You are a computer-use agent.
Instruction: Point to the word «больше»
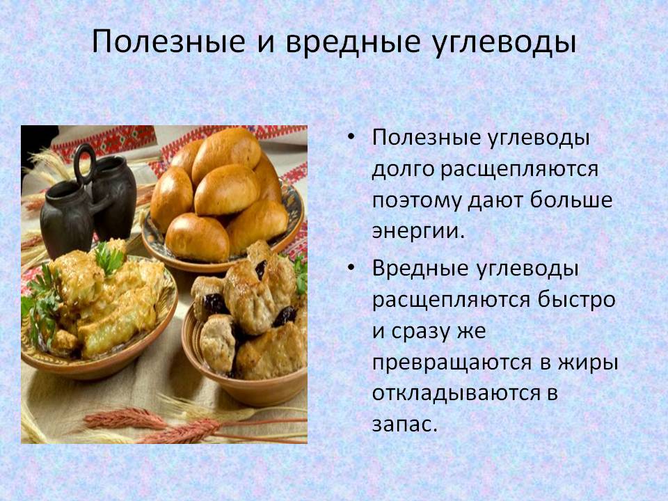tap(571, 200)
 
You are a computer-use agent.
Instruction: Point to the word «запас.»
tap(405, 424)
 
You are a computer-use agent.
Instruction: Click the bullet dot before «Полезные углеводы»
tap(351, 137)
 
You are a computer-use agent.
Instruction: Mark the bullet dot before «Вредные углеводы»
tap(351, 267)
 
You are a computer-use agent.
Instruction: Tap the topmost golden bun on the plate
tap(226, 152)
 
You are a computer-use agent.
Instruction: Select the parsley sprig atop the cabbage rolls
tap(109, 257)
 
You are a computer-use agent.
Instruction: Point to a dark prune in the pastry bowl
tap(213, 304)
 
